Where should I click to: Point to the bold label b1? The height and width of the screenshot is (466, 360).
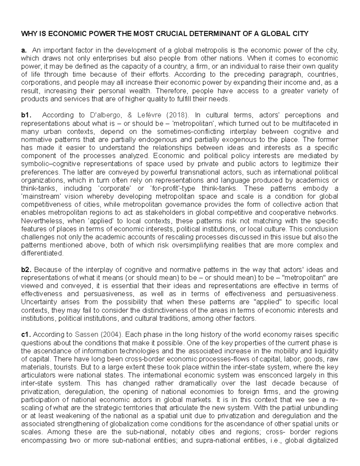tap(26, 115)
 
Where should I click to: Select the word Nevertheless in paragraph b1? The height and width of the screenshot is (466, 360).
tap(40, 221)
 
